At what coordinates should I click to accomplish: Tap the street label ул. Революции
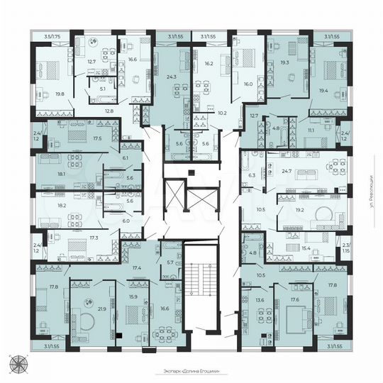tap(371, 192)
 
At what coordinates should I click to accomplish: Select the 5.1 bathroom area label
tap(102, 89)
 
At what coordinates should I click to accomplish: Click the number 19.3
tap(284, 62)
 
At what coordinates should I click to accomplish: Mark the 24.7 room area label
tap(287, 172)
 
